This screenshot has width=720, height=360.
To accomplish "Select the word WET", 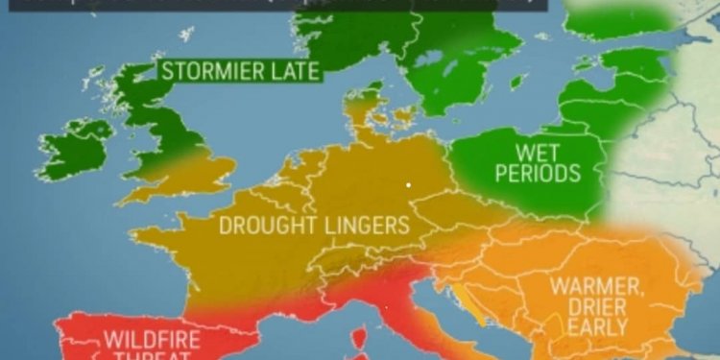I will [538, 153].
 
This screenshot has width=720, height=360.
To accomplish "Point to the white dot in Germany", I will [408, 184].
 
